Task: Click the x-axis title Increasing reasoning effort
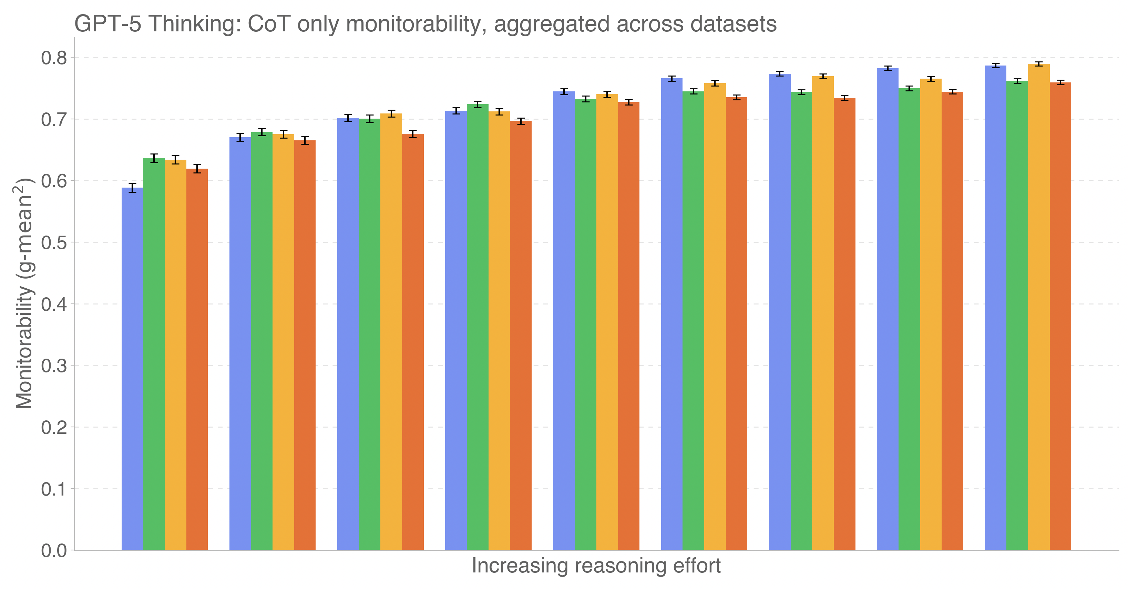[x=596, y=566]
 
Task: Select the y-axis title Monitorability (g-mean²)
[x=24, y=293]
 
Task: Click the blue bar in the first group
[x=132, y=368]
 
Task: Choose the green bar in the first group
[x=154, y=351]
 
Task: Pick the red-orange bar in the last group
[x=1060, y=316]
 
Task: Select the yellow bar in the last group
[x=1039, y=307]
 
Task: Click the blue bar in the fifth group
[x=564, y=320]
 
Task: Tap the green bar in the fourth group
[x=477, y=327]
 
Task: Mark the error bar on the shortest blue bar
[x=132, y=188]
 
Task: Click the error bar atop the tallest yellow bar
[x=1039, y=64]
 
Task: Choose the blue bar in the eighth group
[x=888, y=309]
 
